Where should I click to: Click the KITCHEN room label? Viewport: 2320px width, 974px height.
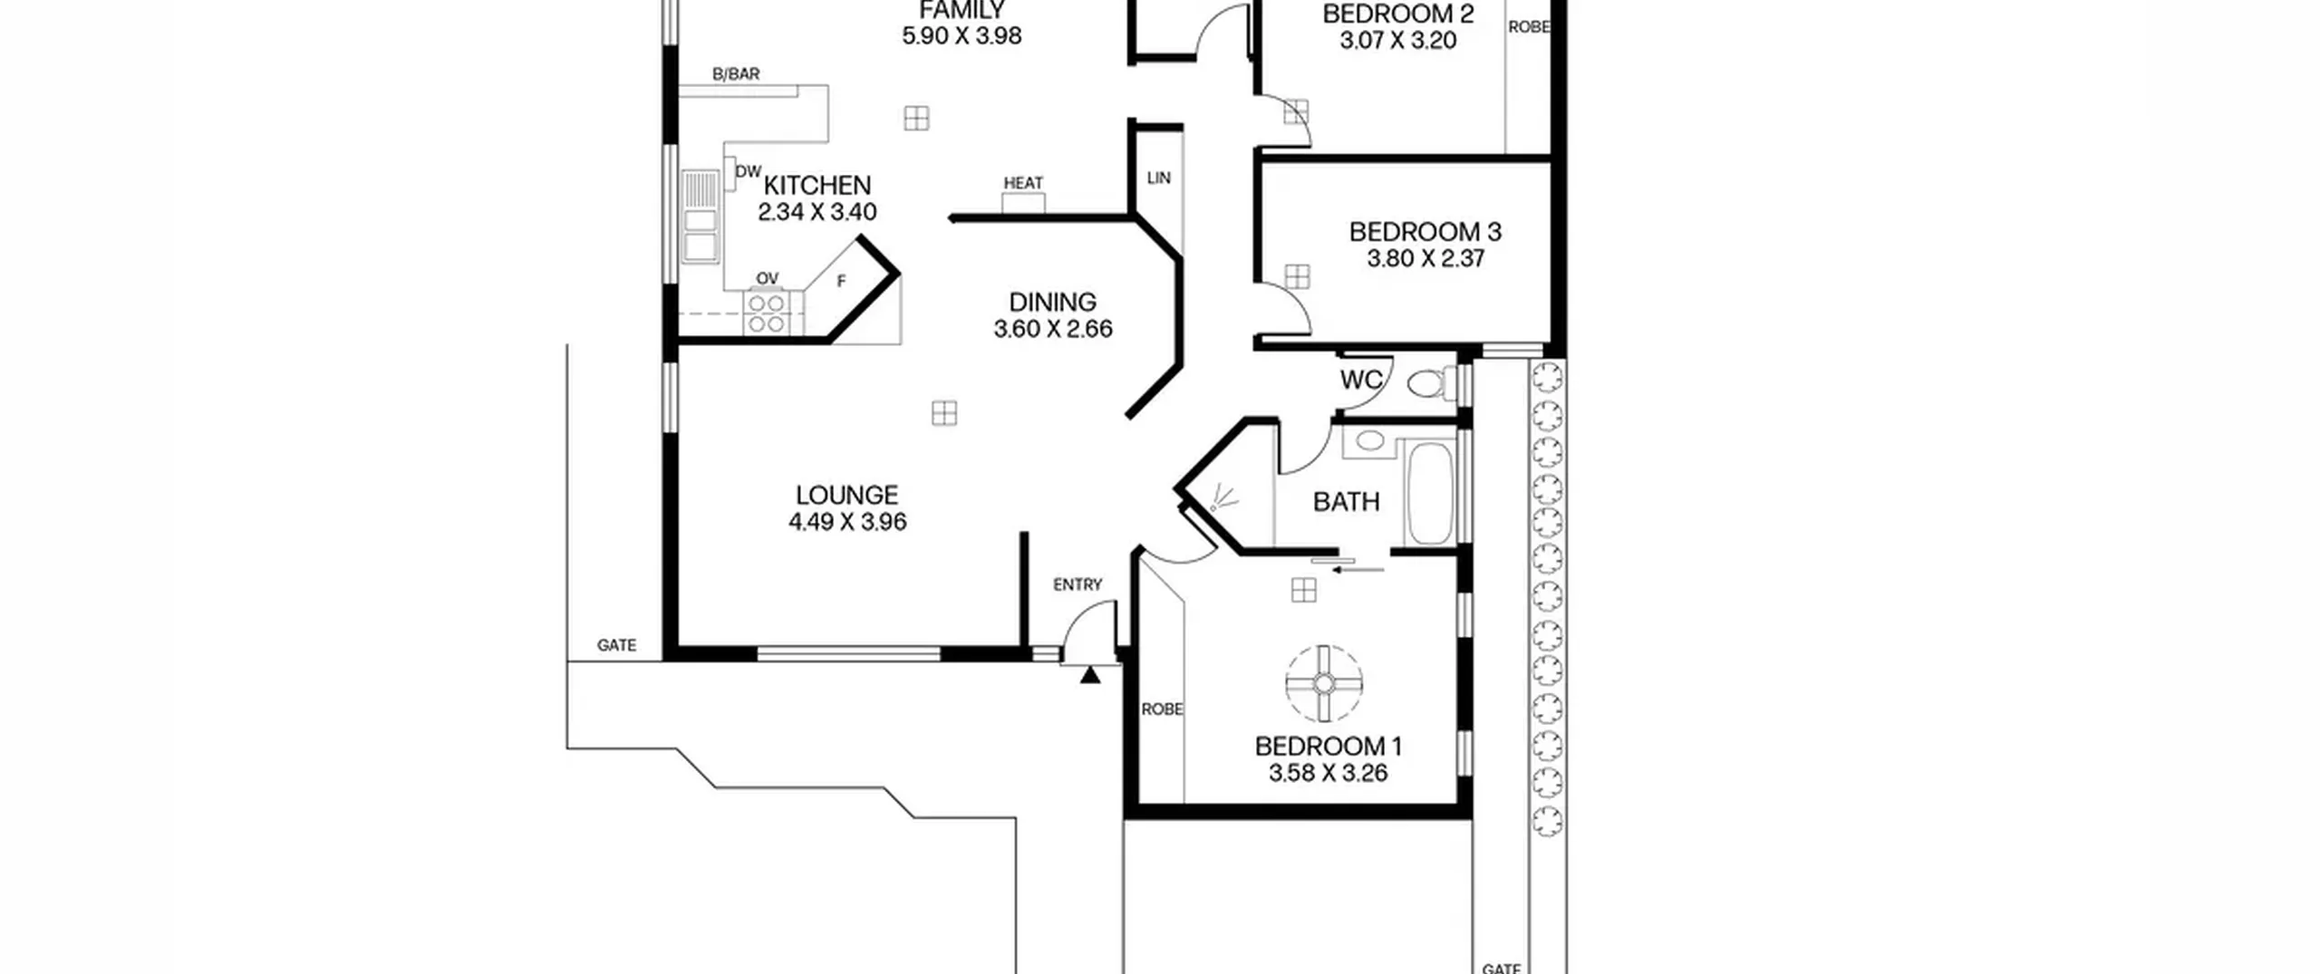click(817, 186)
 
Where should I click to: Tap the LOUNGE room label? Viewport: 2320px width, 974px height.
click(847, 496)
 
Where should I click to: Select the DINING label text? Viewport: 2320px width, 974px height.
click(1052, 302)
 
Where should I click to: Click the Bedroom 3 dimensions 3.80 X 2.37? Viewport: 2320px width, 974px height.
click(1426, 259)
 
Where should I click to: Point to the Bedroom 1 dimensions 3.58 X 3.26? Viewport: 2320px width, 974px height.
click(1328, 774)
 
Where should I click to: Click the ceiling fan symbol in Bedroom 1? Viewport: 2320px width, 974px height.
click(1324, 683)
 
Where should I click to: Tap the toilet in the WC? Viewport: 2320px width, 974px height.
click(1432, 382)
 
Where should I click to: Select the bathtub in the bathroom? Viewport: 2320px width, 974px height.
click(1429, 493)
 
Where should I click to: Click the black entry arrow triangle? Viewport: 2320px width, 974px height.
click(1090, 675)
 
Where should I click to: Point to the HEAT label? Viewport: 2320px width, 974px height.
click(1023, 183)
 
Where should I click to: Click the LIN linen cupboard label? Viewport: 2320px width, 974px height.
click(1159, 178)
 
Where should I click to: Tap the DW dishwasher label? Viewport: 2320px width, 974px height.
click(748, 171)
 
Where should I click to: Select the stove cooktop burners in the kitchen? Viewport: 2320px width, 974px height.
click(766, 313)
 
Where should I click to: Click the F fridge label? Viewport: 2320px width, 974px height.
click(841, 282)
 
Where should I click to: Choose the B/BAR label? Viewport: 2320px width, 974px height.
click(736, 74)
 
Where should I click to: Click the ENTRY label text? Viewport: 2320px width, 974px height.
click(1078, 585)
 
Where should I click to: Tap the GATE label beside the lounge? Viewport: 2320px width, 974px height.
click(616, 646)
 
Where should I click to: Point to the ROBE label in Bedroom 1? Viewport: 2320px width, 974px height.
click(1162, 709)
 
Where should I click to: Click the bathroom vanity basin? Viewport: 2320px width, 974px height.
click(1369, 441)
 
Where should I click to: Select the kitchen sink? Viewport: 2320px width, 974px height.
click(699, 217)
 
